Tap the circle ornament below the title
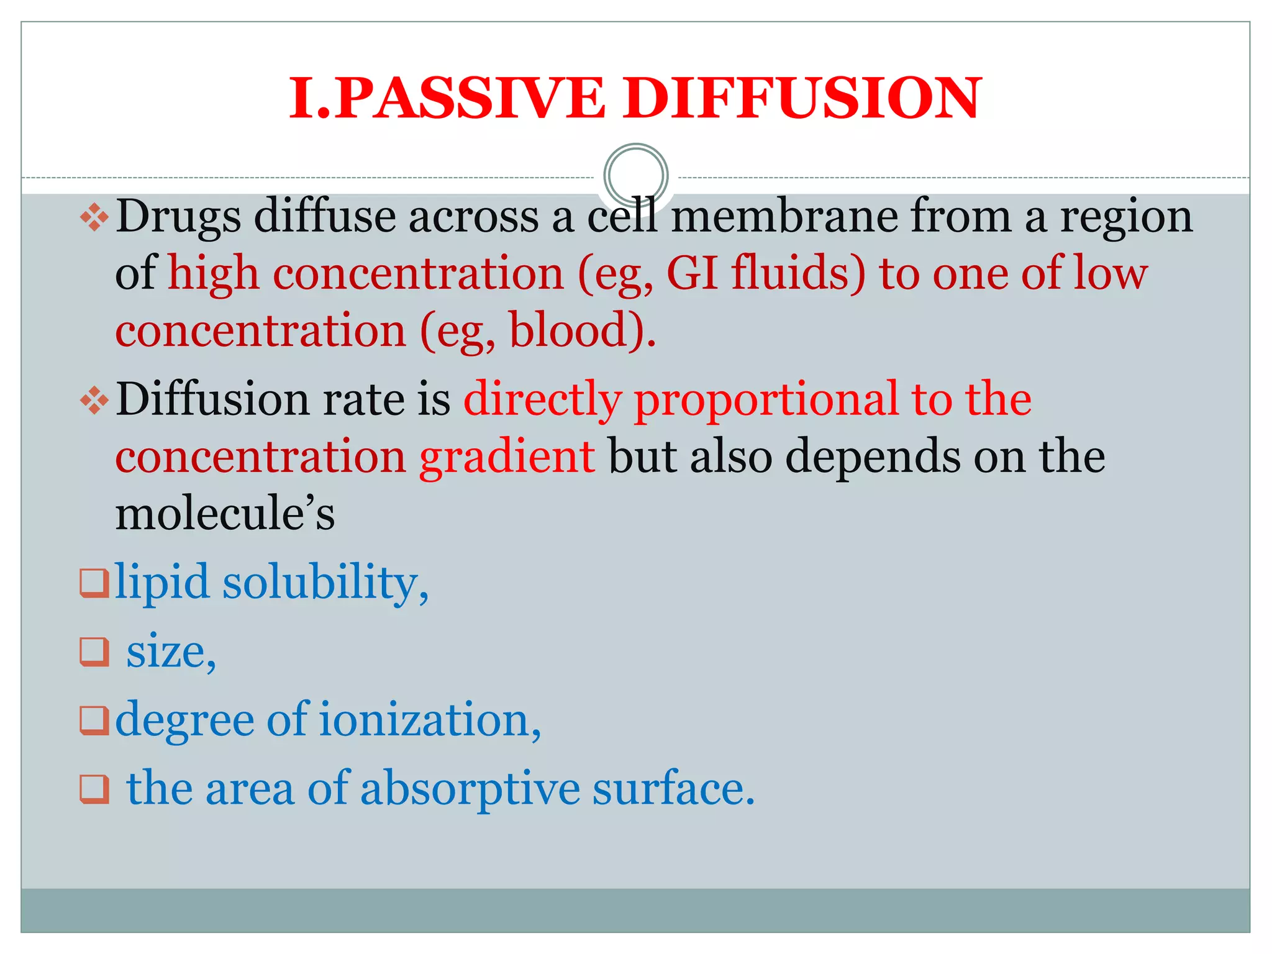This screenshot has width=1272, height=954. (635, 175)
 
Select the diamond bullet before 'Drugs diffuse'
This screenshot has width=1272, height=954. (94, 217)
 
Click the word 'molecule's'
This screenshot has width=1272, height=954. (225, 514)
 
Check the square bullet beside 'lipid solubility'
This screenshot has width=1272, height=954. (94, 583)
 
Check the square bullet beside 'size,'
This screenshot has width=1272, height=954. (94, 652)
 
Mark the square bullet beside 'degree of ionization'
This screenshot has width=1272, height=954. (94, 720)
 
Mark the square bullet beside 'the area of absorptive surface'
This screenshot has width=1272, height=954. (94, 789)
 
